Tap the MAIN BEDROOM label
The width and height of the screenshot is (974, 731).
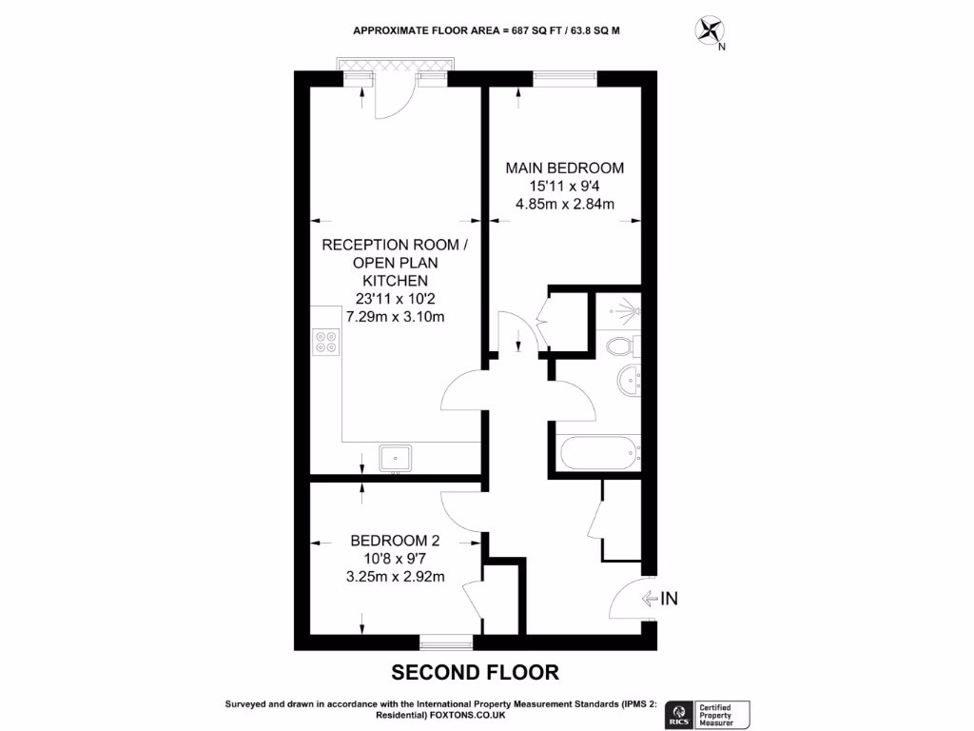565,167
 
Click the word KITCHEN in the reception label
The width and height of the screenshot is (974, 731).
395,281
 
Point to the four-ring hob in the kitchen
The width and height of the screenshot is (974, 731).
325,341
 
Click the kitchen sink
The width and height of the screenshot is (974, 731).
395,459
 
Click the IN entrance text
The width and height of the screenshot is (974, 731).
670,599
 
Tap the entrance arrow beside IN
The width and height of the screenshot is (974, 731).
651,599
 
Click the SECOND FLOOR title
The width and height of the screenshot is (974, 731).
476,673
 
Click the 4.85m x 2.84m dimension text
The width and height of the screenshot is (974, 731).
565,203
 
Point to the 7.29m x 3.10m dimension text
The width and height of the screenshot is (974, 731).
395,317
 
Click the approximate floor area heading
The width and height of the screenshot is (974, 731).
486,30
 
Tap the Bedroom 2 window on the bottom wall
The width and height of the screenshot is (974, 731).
447,642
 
